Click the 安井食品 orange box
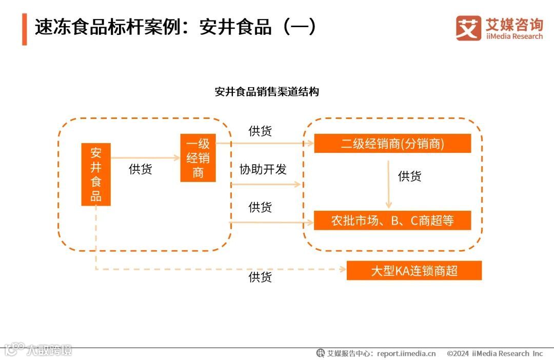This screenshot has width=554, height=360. coord(96,174)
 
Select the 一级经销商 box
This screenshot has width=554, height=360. coord(198,158)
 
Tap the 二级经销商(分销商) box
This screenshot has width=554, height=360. coord(392,144)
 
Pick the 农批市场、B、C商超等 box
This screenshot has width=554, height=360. coord(392,221)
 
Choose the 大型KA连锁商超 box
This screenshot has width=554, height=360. coord(414,270)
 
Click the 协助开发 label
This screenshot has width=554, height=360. coord(263,169)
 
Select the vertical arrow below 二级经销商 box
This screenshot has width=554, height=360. coord(388,183)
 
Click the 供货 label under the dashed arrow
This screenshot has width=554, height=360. coord(260,277)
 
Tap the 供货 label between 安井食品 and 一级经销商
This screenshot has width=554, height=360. coord(140,169)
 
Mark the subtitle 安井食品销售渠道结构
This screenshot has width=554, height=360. coord(267,92)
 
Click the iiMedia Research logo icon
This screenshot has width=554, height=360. coord(468,28)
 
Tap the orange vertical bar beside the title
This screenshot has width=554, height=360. coord(24,29)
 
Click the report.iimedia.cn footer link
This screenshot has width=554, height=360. coord(406,353)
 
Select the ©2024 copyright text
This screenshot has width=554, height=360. coord(494,353)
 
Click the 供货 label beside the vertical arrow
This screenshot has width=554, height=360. coord(409,176)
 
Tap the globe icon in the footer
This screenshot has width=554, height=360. coord(321,353)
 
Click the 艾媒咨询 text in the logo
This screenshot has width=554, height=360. coord(514,24)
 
